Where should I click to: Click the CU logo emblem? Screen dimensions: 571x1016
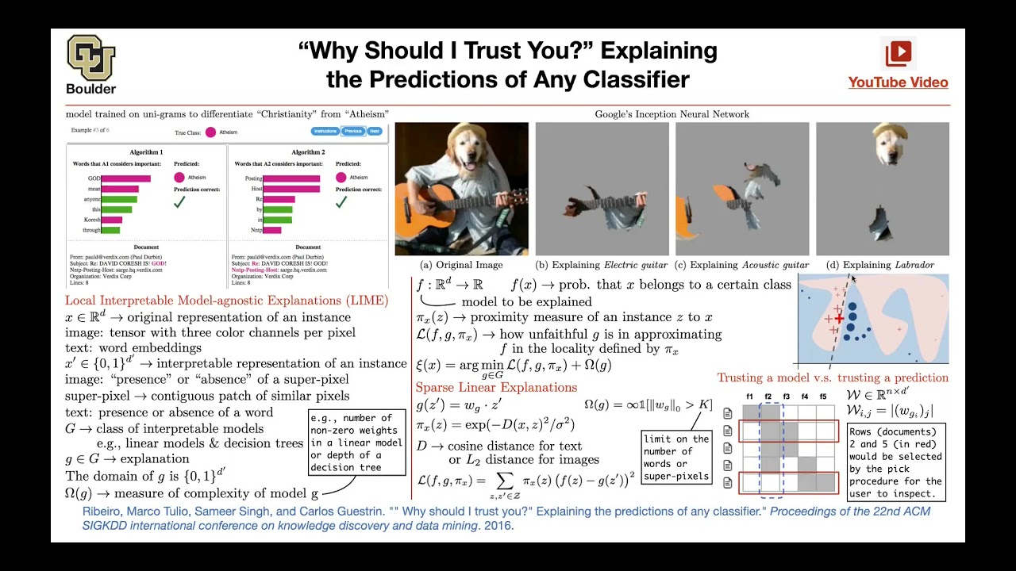coord(90,57)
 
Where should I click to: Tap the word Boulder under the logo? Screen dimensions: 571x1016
coord(91,89)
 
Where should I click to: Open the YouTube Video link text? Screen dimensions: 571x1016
coord(898,82)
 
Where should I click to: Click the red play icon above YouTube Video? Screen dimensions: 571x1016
coord(899,53)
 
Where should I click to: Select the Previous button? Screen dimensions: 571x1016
coord(353,132)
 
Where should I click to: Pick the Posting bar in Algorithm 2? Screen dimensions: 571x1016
coord(291,178)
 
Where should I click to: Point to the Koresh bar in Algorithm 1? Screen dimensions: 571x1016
coord(111,220)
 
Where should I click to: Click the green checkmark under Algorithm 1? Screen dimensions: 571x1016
coord(179,203)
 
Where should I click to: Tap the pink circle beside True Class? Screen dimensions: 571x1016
coord(210,132)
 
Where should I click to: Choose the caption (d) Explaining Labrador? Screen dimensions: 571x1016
coord(880,265)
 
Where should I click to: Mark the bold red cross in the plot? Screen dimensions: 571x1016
coord(839,318)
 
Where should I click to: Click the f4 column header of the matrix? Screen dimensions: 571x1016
coord(805,397)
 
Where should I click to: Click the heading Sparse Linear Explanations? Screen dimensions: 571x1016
coord(496,387)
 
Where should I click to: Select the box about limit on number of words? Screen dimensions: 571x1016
coord(677,457)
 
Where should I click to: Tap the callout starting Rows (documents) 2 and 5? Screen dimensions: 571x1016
coord(895,462)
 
